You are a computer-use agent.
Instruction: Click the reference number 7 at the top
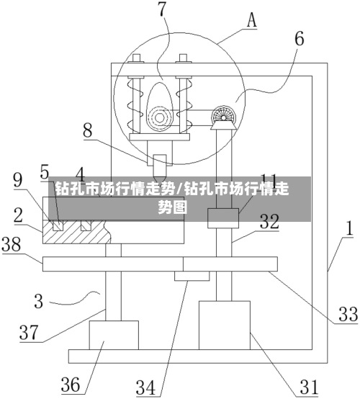pyautogui.click(x=162, y=9)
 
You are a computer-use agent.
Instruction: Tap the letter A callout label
pyautogui.click(x=252, y=20)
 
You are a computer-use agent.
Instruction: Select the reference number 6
pyautogui.click(x=300, y=39)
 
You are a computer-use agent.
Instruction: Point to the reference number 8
pyautogui.click(x=88, y=131)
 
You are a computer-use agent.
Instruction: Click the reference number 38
pyautogui.click(x=12, y=245)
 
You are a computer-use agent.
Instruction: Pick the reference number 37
pyautogui.click(x=29, y=333)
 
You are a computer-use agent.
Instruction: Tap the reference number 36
pyautogui.click(x=71, y=385)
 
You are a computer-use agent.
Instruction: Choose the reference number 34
pyautogui.click(x=145, y=387)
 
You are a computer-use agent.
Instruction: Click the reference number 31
pyautogui.click(x=309, y=387)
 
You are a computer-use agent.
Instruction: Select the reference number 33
pyautogui.click(x=348, y=314)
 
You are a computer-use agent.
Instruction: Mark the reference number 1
pyautogui.click(x=350, y=228)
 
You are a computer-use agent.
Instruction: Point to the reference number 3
pyautogui.click(x=39, y=301)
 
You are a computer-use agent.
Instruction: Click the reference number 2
pyautogui.click(x=18, y=215)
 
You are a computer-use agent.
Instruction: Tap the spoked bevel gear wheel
pyautogui.click(x=223, y=117)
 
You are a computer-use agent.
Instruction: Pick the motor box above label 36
pyautogui.click(x=114, y=335)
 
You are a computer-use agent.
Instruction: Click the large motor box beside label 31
pyautogui.click(x=225, y=326)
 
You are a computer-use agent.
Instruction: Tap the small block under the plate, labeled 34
pyautogui.click(x=192, y=276)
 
